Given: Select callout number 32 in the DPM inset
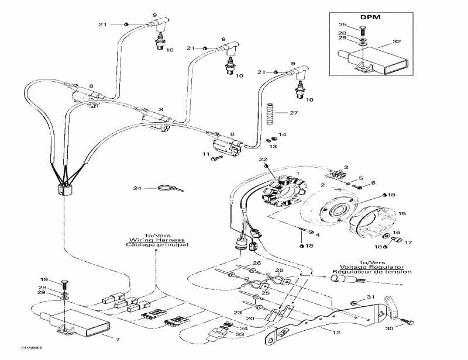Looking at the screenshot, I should pyautogui.click(x=397, y=42).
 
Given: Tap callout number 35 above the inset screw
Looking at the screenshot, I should pyautogui.click(x=343, y=25).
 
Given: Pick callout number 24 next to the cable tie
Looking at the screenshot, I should pyautogui.click(x=137, y=188).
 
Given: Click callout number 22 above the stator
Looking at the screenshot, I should pyautogui.click(x=263, y=159).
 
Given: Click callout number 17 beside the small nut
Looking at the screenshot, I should pyautogui.click(x=408, y=241).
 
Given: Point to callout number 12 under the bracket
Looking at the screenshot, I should pyautogui.click(x=336, y=333).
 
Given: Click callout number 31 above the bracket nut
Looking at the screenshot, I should pyautogui.click(x=370, y=297).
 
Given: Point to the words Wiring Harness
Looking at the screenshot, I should pyautogui.click(x=157, y=240).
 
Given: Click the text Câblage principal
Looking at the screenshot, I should pyautogui.click(x=156, y=245).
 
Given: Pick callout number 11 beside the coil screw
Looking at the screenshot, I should pyautogui.click(x=205, y=154).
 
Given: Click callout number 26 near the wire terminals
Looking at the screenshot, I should pyautogui.click(x=256, y=264).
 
